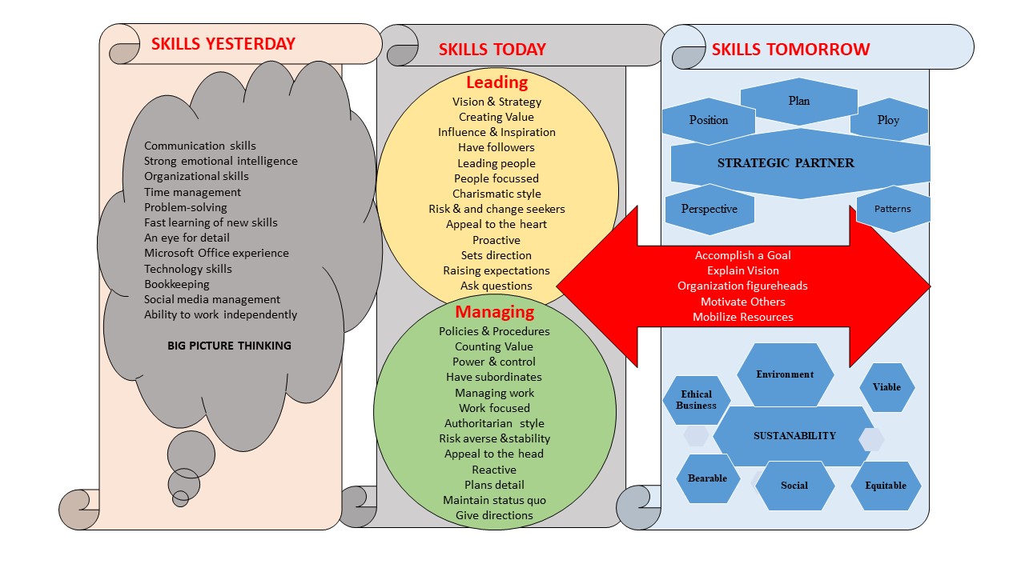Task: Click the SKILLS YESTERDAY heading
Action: (223, 44)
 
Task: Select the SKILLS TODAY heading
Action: (492, 50)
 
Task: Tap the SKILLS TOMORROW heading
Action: (790, 50)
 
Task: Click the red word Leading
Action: (496, 82)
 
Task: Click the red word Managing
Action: (494, 312)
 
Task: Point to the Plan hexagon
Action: (798, 102)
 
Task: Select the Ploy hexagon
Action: (888, 120)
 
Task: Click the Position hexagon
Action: (708, 121)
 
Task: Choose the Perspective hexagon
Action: (708, 209)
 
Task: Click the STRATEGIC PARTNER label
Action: (785, 163)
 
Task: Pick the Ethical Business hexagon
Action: (696, 400)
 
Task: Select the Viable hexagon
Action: (886, 387)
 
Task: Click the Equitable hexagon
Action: (885, 486)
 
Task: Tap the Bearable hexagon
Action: (707, 478)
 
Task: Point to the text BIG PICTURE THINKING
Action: (229, 346)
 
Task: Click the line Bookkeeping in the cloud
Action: (176, 284)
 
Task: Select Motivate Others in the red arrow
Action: (742, 302)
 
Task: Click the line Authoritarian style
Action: (494, 423)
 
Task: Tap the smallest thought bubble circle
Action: (180, 498)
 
